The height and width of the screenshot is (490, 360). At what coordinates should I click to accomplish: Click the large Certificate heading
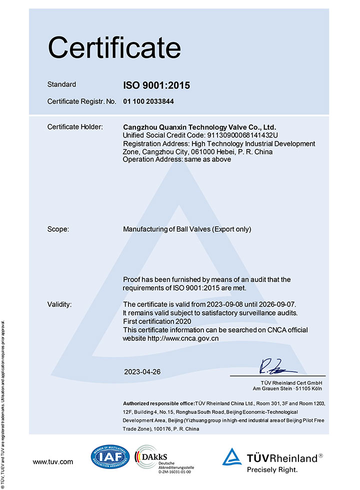pyautogui.click(x=114, y=48)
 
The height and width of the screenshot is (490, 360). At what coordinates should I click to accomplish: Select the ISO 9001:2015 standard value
pyautogui.click(x=156, y=85)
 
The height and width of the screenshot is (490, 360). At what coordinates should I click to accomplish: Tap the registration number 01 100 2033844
pyautogui.click(x=148, y=101)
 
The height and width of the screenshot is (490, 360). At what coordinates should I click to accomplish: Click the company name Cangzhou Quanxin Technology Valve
pyautogui.click(x=199, y=127)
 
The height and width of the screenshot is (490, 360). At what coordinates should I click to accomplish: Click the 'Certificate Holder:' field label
pyautogui.click(x=75, y=127)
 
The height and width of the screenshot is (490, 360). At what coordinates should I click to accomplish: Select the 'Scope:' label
pyautogui.click(x=58, y=229)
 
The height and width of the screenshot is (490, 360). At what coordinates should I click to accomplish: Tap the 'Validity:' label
pyautogui.click(x=59, y=304)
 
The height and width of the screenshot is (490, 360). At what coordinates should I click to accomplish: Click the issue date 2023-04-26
pyautogui.click(x=142, y=372)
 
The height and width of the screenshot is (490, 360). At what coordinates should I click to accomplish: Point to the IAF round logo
pyautogui.click(x=110, y=456)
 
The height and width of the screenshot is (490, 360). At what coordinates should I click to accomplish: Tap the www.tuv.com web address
pyautogui.click(x=53, y=462)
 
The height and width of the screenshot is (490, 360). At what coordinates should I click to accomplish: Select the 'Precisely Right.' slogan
pyautogui.click(x=272, y=470)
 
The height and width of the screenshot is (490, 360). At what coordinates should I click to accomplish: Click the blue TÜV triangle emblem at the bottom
pyautogui.click(x=232, y=456)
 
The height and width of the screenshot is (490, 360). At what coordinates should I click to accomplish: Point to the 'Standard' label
pyautogui.click(x=61, y=84)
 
